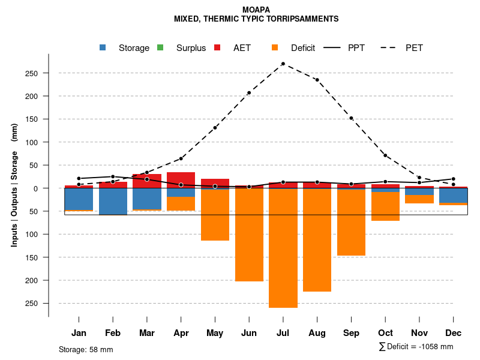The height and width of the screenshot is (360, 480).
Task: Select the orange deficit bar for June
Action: pyautogui.click(x=249, y=235)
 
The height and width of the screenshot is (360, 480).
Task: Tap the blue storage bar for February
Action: pyautogui.click(x=113, y=202)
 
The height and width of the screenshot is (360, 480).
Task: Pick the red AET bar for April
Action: pyautogui.click(x=181, y=180)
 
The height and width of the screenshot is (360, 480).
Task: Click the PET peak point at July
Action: pyautogui.click(x=283, y=64)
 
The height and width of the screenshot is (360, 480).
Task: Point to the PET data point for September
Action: pyautogui.click(x=351, y=118)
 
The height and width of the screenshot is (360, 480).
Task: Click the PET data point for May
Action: pyautogui.click(x=215, y=128)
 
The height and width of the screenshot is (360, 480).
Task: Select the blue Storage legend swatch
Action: pyautogui.click(x=103, y=48)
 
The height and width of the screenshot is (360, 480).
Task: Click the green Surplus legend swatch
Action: pyautogui.click(x=160, y=48)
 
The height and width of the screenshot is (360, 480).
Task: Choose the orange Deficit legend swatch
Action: pyautogui.click(x=275, y=48)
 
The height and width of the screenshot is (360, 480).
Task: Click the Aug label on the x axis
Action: pyautogui.click(x=317, y=333)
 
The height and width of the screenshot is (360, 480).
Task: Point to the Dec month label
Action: pyautogui.click(x=454, y=333)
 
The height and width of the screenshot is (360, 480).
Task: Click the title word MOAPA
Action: pyautogui.click(x=256, y=10)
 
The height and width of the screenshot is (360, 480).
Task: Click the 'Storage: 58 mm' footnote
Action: pyautogui.click(x=86, y=349)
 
